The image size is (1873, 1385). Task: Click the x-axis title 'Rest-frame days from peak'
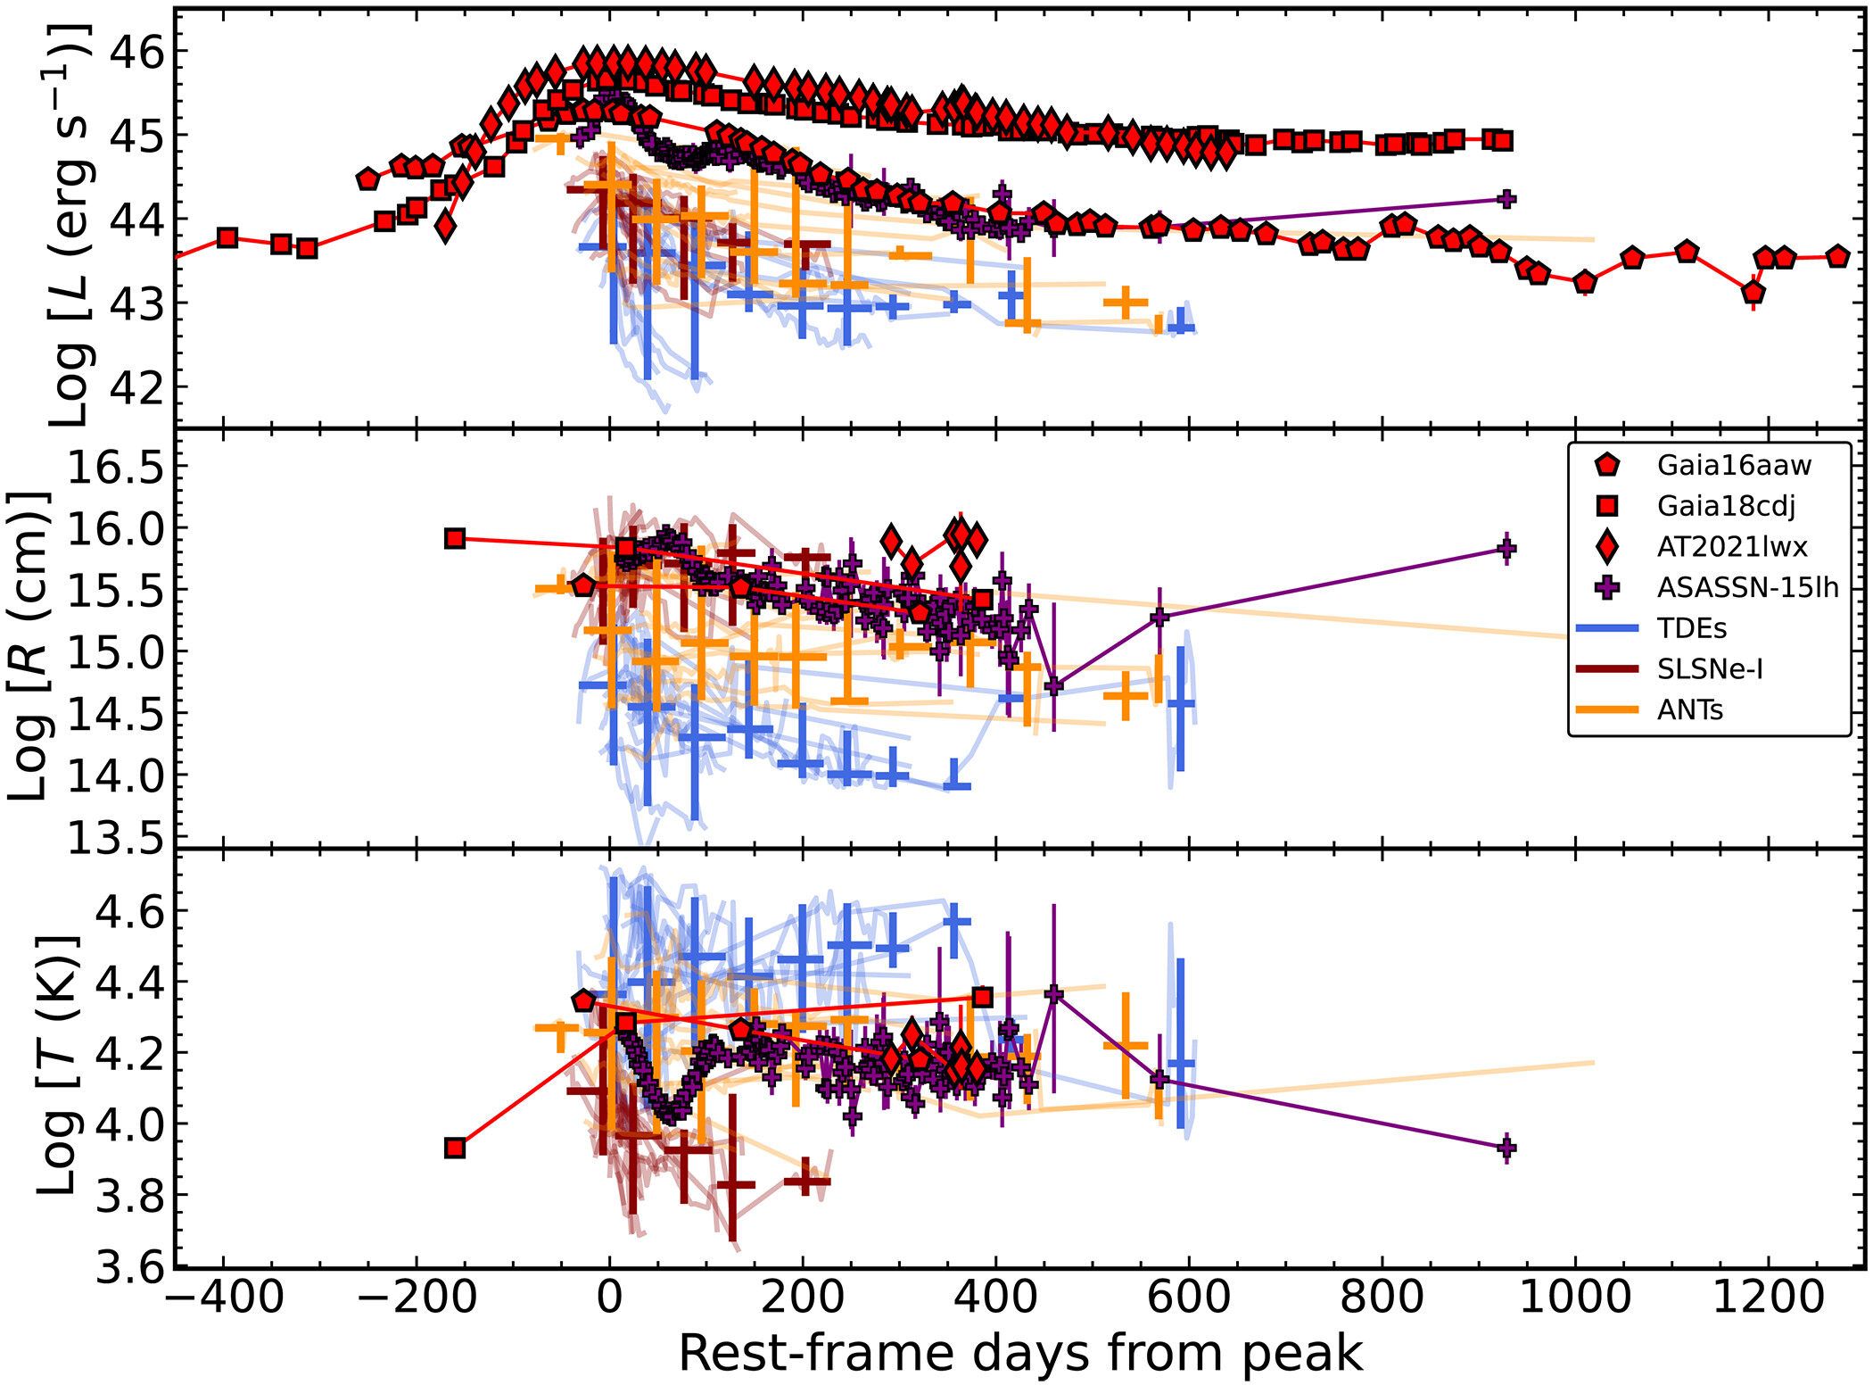tap(1020, 1353)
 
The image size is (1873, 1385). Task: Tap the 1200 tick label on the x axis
tap(1770, 1297)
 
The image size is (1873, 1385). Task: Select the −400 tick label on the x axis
tap(223, 1297)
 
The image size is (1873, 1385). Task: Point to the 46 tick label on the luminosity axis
tap(136, 53)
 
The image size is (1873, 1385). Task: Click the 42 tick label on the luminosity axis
tap(136, 387)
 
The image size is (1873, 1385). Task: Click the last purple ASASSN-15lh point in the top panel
tap(1506, 199)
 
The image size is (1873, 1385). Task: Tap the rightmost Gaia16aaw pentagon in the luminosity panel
tap(1837, 257)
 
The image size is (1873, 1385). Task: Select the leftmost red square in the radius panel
tap(455, 539)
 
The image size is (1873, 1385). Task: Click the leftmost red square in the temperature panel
tap(455, 1148)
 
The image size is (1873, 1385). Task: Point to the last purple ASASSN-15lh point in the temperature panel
tap(1506, 1148)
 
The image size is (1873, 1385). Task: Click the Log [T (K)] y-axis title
tap(56, 1066)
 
